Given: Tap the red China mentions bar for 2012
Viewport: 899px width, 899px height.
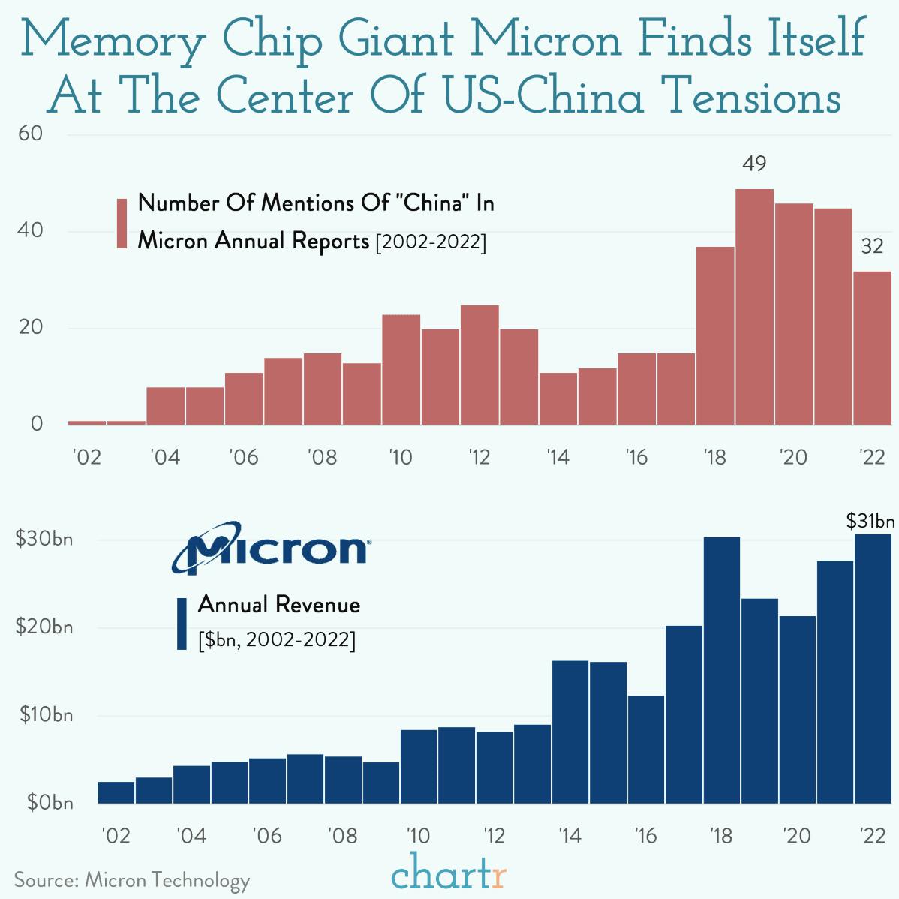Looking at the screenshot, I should [x=480, y=365].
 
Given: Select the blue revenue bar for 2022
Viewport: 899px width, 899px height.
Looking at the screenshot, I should [x=873, y=668].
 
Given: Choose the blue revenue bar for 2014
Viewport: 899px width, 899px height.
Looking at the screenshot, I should [x=570, y=732].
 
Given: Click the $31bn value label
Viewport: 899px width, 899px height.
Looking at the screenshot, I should [x=870, y=521].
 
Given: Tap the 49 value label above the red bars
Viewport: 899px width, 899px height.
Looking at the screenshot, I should [x=754, y=163].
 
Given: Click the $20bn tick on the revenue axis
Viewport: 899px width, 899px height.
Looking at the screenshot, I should [x=44, y=627].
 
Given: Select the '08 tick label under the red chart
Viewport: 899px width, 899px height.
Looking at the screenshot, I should [x=322, y=457].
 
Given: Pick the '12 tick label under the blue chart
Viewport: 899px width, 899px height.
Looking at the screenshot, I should [x=495, y=835].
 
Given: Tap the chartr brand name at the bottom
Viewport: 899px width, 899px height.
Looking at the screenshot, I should [x=449, y=875].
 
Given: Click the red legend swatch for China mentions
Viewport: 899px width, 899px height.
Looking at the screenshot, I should [x=122, y=223].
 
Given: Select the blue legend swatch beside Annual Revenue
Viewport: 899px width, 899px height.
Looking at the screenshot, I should [x=181, y=624].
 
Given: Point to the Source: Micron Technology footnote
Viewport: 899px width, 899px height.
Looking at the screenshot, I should [x=132, y=879].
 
